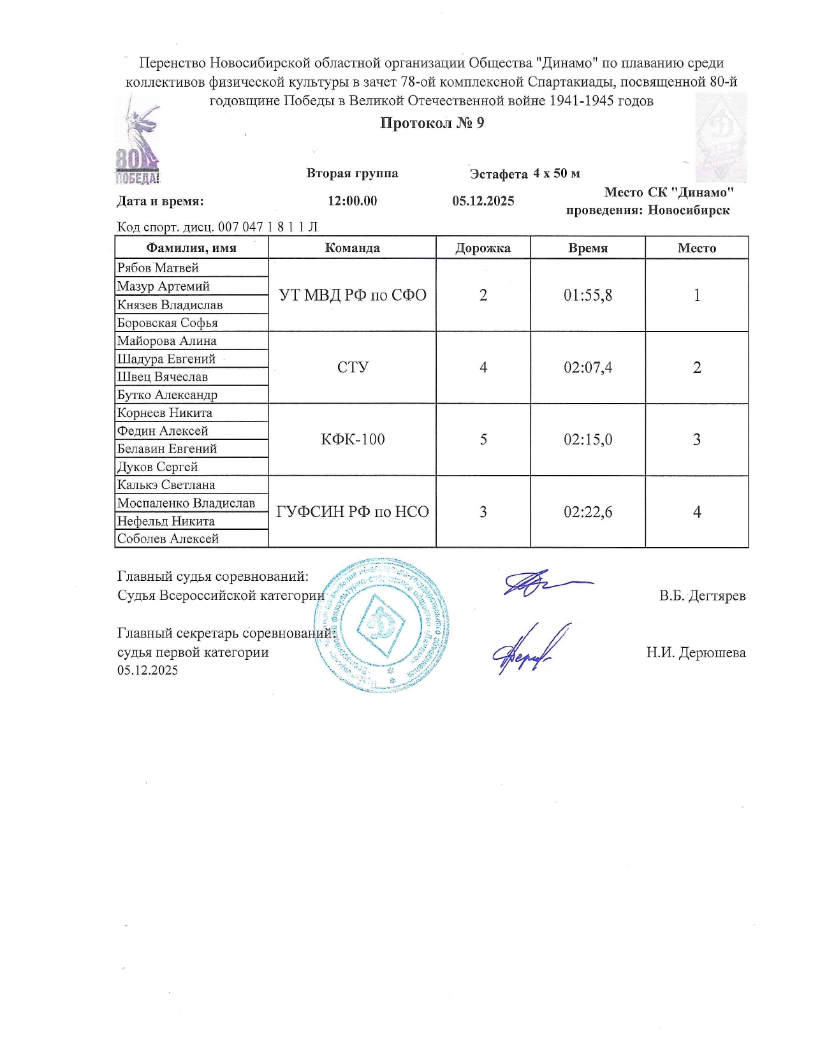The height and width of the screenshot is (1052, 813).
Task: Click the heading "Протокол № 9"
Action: coord(432,123)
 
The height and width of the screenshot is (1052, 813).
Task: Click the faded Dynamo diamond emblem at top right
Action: coord(721,137)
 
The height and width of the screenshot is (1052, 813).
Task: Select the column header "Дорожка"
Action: coord(483,248)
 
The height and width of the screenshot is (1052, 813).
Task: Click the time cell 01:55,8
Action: coord(587,295)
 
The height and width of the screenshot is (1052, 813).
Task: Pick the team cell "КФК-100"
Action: coord(353,439)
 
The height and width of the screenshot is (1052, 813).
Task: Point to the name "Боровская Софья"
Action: coord(168,323)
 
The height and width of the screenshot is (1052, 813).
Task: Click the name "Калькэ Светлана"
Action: coord(166,485)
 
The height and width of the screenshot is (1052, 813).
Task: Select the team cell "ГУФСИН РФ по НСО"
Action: coord(353,512)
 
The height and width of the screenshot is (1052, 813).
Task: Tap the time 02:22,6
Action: coord(587,512)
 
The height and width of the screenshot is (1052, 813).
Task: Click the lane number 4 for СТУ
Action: coord(483,367)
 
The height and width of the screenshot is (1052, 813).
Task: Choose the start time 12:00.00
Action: coord(353,201)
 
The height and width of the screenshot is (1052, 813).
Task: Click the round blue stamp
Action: coord(382,625)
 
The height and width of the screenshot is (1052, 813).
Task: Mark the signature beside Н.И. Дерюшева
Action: coord(531,649)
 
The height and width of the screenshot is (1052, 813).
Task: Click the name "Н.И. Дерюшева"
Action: coord(696,652)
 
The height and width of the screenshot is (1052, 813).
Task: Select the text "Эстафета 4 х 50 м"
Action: coord(525,173)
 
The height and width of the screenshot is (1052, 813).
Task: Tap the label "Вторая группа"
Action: coord(352,173)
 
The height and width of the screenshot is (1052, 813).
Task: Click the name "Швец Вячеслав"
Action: coord(163,376)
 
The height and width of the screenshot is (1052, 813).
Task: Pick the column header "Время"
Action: coord(587,248)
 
